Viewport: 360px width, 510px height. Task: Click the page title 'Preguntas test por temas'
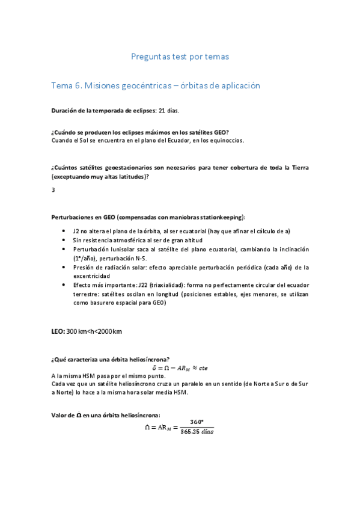pyautogui.click(x=180, y=57)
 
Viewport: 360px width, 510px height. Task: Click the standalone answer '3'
pyautogui.click(x=53, y=190)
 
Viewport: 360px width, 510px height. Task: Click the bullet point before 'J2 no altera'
pyautogui.click(x=65, y=231)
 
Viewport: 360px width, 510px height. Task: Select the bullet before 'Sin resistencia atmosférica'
pyautogui.click(x=65, y=240)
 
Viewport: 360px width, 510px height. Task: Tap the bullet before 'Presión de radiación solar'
pyautogui.click(x=65, y=267)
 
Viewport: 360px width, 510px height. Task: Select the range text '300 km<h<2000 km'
pyautogui.click(x=94, y=331)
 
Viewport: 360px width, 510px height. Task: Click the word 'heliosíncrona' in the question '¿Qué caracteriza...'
pyautogui.click(x=147, y=359)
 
